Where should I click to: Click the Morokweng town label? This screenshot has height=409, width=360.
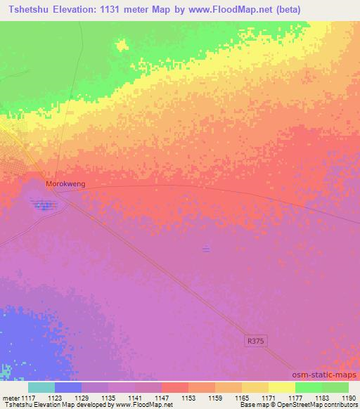[x=65, y=183]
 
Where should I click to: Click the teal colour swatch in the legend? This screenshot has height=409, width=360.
[x=41, y=387]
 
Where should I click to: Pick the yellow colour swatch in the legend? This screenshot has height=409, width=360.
[x=282, y=387]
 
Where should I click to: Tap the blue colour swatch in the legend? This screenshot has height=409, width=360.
[x=68, y=387]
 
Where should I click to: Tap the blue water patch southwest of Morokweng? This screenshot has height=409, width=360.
[x=44, y=205]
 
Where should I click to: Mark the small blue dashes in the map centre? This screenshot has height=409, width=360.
[x=206, y=248]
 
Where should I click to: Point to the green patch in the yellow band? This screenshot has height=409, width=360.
[x=122, y=46]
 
